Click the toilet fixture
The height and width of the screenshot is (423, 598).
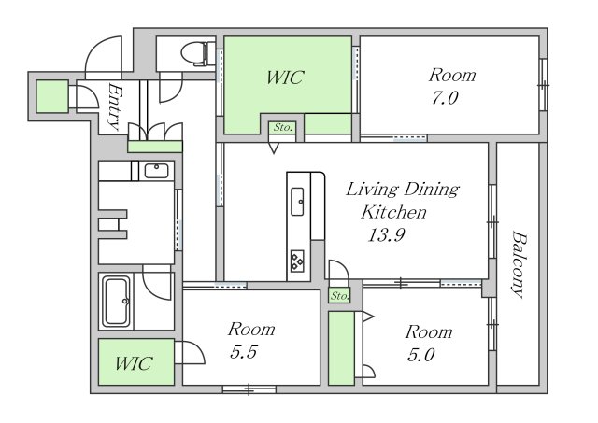tap(198, 54)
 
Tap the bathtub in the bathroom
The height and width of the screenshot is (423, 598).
tap(117, 301)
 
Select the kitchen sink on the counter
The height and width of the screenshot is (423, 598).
tap(297, 202)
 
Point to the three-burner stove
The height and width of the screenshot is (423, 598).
tap(297, 261)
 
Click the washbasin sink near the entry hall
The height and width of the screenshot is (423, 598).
tap(156, 171)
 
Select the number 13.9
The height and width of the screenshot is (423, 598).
tap(386, 234)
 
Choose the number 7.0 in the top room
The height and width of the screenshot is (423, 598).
tap(445, 98)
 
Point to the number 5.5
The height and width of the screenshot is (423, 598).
tap(244, 352)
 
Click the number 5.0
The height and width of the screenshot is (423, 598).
tap(421, 355)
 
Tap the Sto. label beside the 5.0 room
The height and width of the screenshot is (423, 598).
tap(339, 295)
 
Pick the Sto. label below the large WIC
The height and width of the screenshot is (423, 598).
tap(282, 127)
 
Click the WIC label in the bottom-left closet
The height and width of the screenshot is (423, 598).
tap(135, 363)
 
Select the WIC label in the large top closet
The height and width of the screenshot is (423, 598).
tap(285, 78)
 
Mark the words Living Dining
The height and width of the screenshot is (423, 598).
tap(403, 190)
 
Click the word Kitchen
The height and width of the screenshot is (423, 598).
tap(393, 212)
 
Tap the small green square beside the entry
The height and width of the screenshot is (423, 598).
tap(52, 96)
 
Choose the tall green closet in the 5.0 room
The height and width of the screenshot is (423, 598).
tap(341, 348)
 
